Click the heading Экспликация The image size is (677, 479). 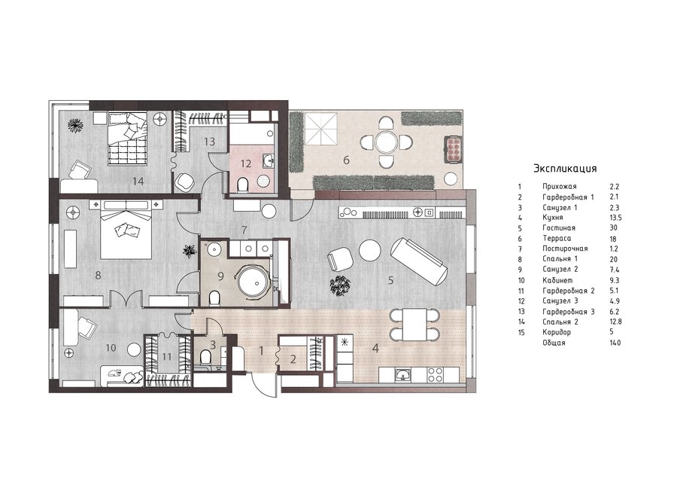pos(565,168)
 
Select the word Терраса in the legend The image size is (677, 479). pos(557,238)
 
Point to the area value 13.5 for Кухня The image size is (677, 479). pos(615,218)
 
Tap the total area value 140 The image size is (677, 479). pos(615,343)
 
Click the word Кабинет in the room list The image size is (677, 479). pos(557,280)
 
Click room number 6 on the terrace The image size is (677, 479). pos(346,160)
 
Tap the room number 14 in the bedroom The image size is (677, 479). pos(138,182)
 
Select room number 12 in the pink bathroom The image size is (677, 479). pos(246,164)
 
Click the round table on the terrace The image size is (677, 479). pos(385,142)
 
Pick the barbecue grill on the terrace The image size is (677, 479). pos(453,148)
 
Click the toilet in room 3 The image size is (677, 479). pos(205,357)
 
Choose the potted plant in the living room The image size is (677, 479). pos(340,285)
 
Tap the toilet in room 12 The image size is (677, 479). pos(243,185)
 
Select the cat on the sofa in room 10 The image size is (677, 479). pos(115,372)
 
